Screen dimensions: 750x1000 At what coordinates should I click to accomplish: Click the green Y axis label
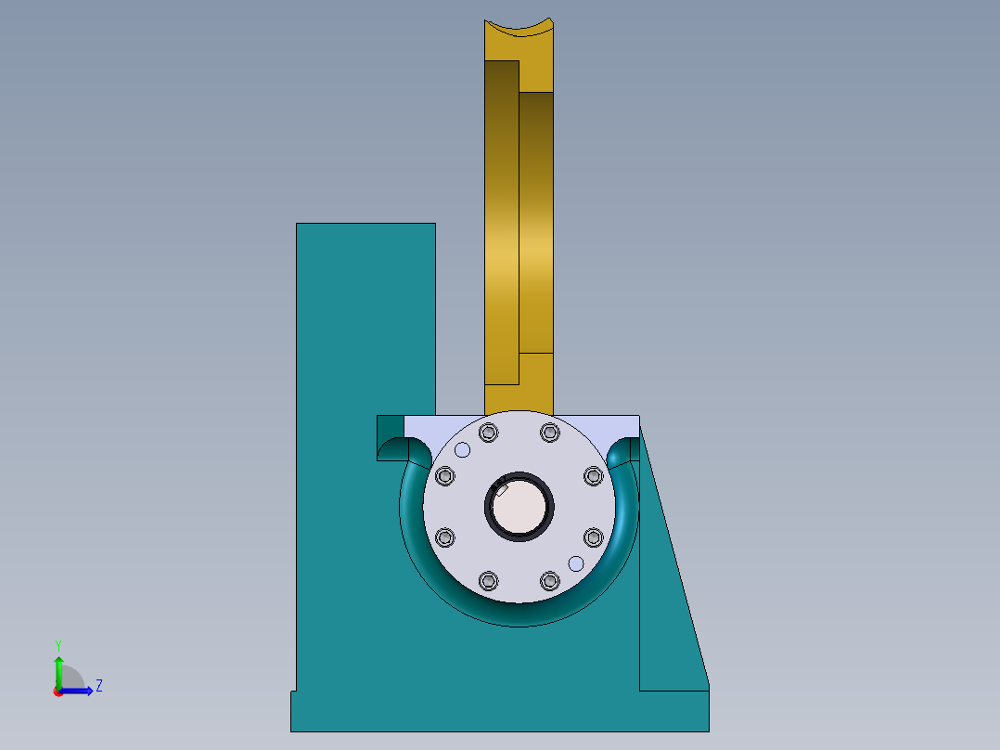pyautogui.click(x=58, y=644)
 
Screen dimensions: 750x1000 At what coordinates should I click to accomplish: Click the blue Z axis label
pyautogui.click(x=98, y=686)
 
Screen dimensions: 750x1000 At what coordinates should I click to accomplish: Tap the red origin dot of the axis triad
pyautogui.click(x=58, y=692)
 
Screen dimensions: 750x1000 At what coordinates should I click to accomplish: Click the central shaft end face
pyautogui.click(x=519, y=508)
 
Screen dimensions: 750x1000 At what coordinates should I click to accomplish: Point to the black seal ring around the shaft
pyautogui.click(x=519, y=535)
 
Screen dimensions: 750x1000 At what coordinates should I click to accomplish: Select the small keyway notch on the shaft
pyautogui.click(x=502, y=489)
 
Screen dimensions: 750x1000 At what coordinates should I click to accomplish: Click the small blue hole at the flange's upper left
pyautogui.click(x=462, y=450)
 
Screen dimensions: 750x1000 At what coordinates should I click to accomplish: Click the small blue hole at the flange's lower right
pyautogui.click(x=575, y=563)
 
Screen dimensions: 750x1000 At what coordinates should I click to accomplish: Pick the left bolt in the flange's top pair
pyautogui.click(x=489, y=433)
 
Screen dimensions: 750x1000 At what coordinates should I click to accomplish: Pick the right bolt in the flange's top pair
pyautogui.click(x=550, y=433)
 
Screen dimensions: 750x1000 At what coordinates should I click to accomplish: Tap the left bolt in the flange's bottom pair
pyautogui.click(x=489, y=581)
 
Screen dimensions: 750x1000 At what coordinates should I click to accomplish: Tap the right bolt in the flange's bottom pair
pyautogui.click(x=550, y=581)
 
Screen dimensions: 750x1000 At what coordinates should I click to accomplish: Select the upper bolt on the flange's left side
pyautogui.click(x=445, y=476)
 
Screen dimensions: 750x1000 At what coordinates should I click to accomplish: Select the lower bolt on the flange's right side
pyautogui.click(x=594, y=537)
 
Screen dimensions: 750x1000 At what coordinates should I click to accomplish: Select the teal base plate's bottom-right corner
pyautogui.click(x=708, y=730)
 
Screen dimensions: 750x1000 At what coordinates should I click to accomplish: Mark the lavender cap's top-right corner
pyautogui.click(x=637, y=417)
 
